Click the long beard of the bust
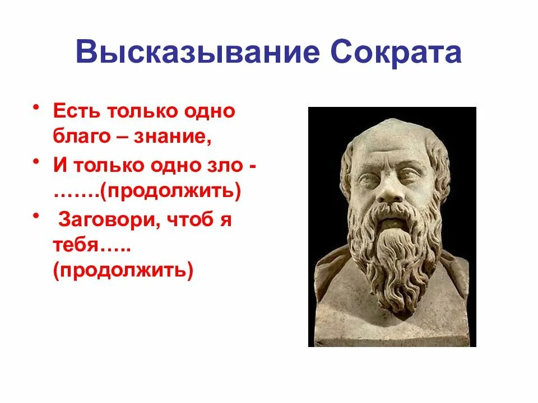[x=396, y=252]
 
